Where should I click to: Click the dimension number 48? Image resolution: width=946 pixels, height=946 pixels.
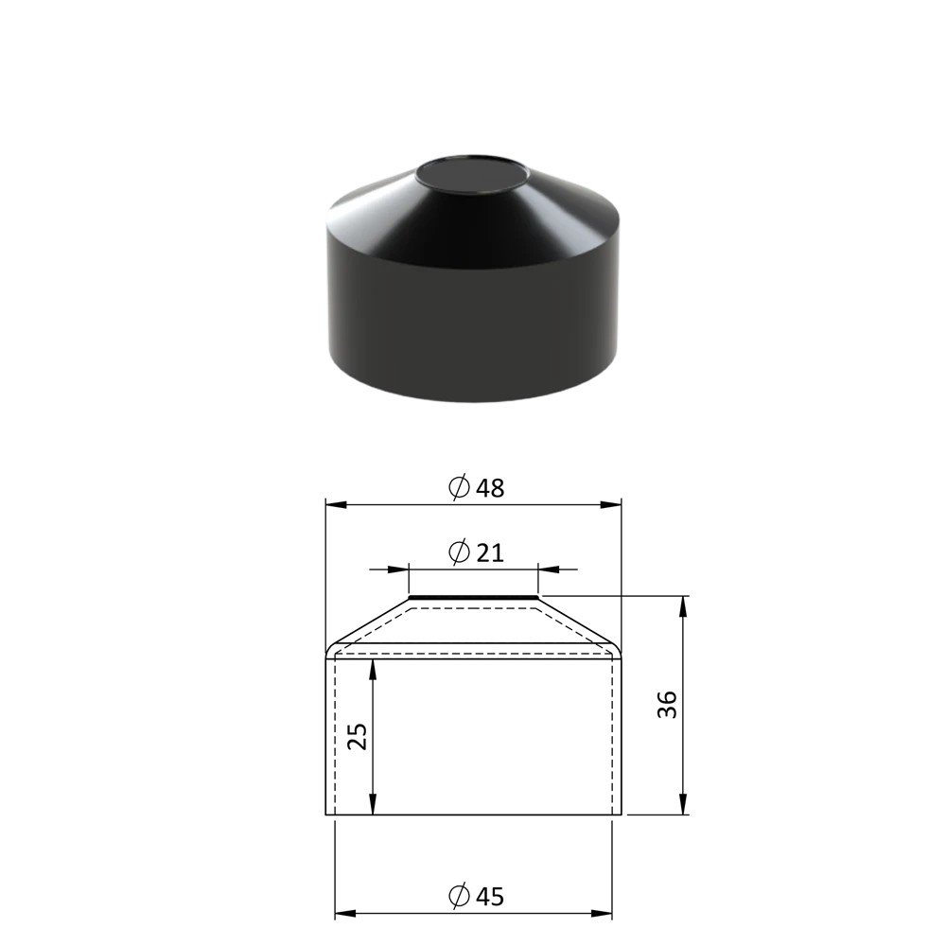coord(489,488)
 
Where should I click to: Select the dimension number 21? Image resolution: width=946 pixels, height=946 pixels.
coord(489,552)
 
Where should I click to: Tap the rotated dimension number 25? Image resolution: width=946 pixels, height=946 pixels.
coord(358,736)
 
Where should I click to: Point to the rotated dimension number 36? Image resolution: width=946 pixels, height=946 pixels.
coord(667,705)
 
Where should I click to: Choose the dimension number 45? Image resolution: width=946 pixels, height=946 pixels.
coord(489,897)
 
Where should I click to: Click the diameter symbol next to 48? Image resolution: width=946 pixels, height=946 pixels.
coord(459,487)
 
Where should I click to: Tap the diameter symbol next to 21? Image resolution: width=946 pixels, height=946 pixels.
coord(459,552)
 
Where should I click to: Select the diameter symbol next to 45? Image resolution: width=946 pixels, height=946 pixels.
coord(459,896)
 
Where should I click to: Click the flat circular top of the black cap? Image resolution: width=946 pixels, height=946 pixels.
coord(472,175)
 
